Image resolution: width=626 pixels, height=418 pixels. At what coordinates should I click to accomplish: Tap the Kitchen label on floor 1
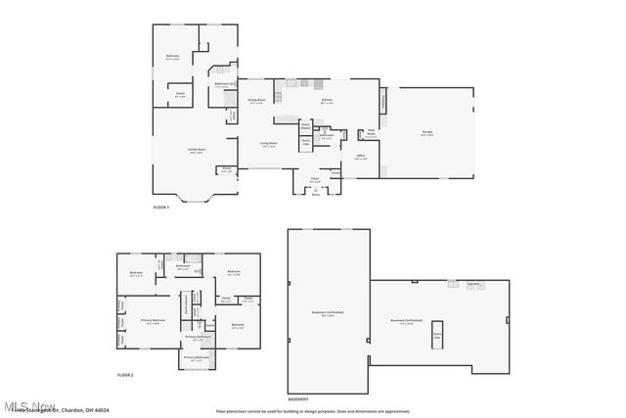coord(328,101)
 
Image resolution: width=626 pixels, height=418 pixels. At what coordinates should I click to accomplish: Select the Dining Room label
coord(257,101)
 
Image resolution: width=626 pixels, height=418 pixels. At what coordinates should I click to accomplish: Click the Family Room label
coord(196,150)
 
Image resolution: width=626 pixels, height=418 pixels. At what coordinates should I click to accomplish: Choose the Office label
coord(361,157)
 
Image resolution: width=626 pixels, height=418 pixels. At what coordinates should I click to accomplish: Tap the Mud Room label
coord(371,134)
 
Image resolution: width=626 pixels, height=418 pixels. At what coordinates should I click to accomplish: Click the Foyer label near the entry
coord(315,180)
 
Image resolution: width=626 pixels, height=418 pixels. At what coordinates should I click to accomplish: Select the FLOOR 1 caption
coord(161,207)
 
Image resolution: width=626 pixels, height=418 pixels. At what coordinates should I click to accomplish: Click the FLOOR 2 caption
coord(124,375)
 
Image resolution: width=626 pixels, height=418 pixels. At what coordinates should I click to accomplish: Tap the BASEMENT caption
coord(298,399)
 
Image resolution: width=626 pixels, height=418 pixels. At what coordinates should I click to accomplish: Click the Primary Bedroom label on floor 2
coord(153,321)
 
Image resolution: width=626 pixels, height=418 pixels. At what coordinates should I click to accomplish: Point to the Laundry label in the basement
coord(472,284)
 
